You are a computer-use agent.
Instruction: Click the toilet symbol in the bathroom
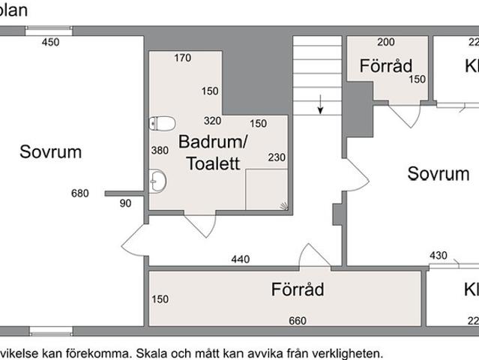[x=162, y=123]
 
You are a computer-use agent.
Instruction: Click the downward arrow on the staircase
[x=320, y=104]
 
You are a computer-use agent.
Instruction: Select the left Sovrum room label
[x=50, y=152]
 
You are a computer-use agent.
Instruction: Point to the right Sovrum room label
[x=438, y=175]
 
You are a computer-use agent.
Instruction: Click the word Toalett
[x=213, y=163]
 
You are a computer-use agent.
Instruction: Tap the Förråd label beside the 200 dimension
[x=385, y=66]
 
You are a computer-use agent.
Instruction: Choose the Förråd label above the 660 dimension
[x=298, y=289]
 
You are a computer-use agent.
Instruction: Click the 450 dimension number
[x=49, y=42]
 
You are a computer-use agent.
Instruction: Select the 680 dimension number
[x=79, y=193]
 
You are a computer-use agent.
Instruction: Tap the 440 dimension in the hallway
[x=240, y=259]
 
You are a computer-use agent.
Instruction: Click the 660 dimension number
[x=298, y=321]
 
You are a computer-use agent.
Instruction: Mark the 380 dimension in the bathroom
[x=160, y=150]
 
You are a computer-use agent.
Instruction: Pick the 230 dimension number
[x=277, y=157]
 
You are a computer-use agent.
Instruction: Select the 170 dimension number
[x=183, y=58]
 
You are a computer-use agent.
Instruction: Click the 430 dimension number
[x=438, y=256]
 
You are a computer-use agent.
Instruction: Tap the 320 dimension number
[x=212, y=121]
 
